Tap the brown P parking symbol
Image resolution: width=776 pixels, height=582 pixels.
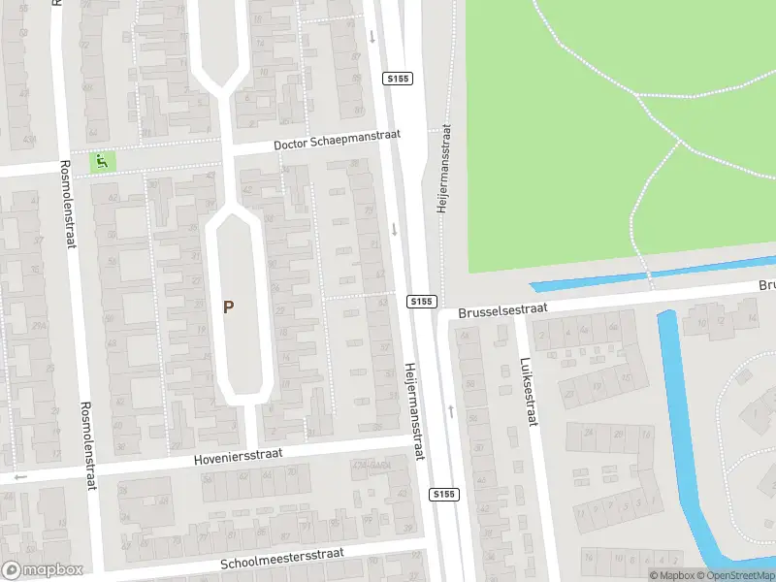(229, 307)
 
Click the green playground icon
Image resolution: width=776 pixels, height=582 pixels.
(102, 161)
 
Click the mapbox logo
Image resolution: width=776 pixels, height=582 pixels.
(42, 570)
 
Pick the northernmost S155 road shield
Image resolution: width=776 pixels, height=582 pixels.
(397, 79)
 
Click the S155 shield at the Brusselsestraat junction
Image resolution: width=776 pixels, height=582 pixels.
(420, 302)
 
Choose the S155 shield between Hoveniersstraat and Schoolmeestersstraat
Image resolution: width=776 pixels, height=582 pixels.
(443, 495)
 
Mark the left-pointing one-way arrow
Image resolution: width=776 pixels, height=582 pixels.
(21, 477)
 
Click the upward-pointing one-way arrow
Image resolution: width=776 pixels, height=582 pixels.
(451, 411)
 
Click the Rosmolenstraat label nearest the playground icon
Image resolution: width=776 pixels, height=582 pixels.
(67, 204)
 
